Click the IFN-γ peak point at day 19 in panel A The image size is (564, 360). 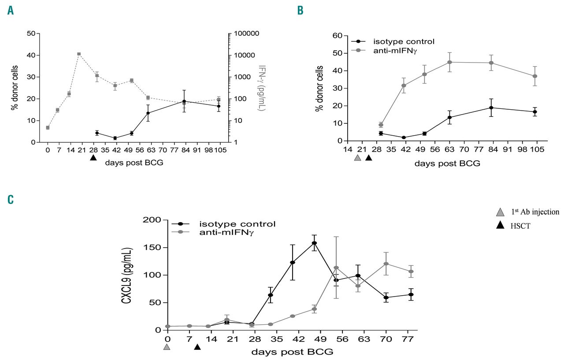[x=79, y=54]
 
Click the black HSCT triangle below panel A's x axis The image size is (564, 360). [x=93, y=158]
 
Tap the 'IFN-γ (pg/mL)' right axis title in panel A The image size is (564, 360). [x=262, y=88]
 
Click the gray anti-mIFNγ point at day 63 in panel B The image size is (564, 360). [x=449, y=62]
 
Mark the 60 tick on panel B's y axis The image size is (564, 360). [x=338, y=35]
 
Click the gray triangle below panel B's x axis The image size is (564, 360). [x=357, y=158]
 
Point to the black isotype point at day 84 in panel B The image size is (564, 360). [x=490, y=108]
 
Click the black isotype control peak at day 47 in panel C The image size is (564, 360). [x=314, y=243]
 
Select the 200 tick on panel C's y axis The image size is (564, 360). [x=151, y=219]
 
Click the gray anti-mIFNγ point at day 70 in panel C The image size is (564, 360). [x=386, y=264]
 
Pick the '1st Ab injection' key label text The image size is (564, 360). [x=535, y=212]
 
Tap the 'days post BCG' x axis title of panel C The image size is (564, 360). [x=292, y=352]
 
